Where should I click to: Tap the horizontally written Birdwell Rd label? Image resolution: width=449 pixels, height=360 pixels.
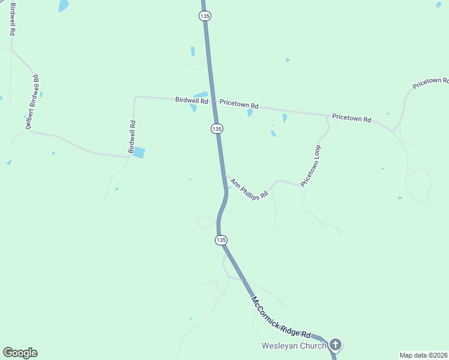(191, 100)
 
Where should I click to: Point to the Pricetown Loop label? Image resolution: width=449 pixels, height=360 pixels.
(311, 165)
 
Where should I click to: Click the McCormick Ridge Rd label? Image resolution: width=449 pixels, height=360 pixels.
(281, 317)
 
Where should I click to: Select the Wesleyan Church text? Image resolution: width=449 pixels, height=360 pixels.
(294, 346)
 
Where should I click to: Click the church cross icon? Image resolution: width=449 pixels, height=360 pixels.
(336, 344)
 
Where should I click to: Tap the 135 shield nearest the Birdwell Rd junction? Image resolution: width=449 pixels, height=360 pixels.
(217, 129)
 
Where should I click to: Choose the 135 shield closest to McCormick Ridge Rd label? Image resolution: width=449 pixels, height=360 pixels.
(221, 240)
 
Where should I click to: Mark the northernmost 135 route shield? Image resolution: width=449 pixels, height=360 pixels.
(205, 16)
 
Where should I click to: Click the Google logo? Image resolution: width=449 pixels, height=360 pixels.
(20, 353)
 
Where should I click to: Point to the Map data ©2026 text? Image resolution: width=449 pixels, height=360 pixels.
(424, 355)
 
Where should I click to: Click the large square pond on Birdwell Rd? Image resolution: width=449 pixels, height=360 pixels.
(139, 152)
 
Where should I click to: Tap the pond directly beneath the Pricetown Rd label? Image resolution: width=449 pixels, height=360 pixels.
(250, 113)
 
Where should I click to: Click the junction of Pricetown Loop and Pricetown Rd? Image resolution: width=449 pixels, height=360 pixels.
(327, 115)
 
